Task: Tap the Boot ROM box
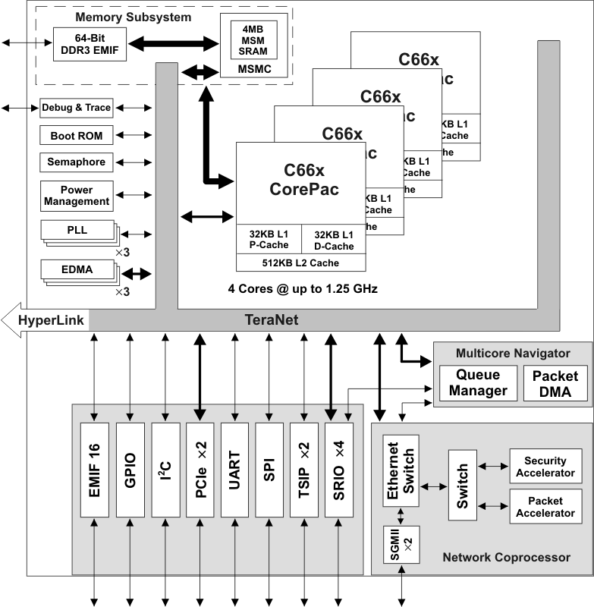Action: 77,136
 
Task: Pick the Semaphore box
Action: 77,162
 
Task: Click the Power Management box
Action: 77,196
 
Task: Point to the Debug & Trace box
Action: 77,108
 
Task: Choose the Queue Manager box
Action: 478,384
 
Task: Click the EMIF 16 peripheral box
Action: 94,470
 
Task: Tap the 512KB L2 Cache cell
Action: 301,263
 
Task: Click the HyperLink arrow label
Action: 46,319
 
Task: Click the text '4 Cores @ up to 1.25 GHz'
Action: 303,289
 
